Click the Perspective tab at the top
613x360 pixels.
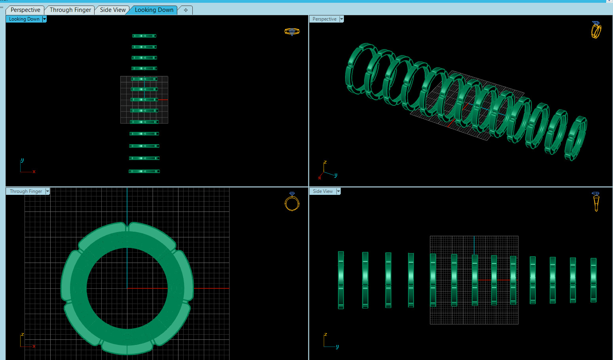click(25, 10)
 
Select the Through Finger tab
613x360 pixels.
click(70, 10)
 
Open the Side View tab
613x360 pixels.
click(113, 10)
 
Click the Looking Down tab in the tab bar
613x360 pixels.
click(154, 10)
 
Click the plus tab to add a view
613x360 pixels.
click(186, 10)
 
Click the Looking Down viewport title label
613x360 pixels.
click(24, 19)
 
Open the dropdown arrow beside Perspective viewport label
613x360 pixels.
click(342, 19)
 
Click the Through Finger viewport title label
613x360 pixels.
click(26, 191)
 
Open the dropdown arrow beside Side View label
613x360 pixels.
click(338, 191)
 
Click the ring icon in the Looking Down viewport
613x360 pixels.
click(292, 32)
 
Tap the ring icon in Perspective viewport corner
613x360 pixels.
click(596, 30)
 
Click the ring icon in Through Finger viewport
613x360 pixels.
click(292, 202)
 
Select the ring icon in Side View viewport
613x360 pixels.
click(596, 201)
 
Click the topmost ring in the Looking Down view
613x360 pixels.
click(144, 36)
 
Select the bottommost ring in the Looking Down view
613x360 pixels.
click(144, 171)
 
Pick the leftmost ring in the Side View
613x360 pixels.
click(341, 280)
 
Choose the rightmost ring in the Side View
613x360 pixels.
click(593, 280)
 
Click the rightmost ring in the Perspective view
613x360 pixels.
click(577, 138)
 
